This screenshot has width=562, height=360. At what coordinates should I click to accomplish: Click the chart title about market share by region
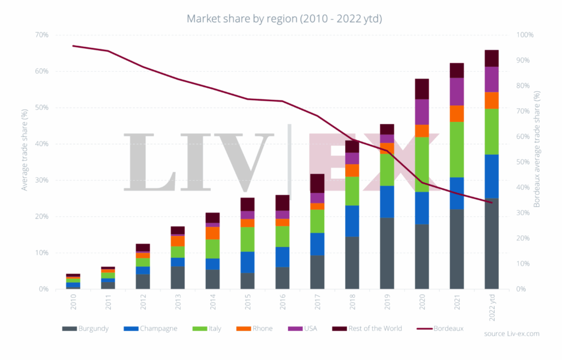284,19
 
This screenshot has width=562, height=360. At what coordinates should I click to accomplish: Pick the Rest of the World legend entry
367,329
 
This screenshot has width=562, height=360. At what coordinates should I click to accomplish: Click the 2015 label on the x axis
248,300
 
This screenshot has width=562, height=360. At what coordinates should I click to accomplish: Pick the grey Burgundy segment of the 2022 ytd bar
491,244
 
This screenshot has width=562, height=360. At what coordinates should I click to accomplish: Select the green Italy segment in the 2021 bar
457,149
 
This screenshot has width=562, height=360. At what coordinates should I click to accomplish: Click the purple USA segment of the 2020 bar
421,112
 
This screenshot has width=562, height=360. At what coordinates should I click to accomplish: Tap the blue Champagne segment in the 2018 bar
352,221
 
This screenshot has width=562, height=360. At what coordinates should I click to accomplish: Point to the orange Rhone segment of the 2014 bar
212,233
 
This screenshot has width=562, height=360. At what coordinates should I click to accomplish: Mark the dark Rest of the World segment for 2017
317,183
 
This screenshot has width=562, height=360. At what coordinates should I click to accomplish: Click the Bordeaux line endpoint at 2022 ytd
491,203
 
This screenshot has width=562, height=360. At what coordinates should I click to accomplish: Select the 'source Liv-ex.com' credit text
512,333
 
